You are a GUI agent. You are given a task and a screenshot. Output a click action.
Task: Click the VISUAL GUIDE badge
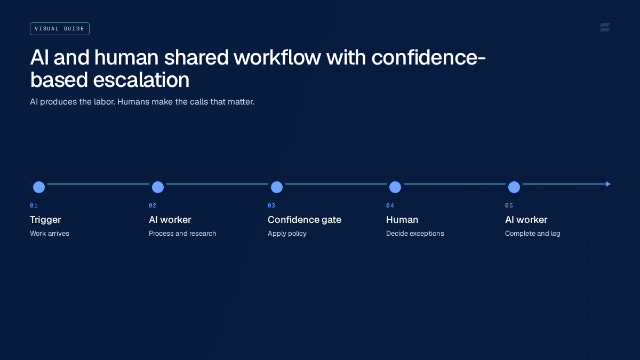pos(60,29)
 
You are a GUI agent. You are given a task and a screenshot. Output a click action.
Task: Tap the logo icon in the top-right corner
pos(605,27)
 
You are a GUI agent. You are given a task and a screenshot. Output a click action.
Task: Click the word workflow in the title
pos(277,58)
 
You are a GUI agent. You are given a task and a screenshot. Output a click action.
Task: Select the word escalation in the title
pos(141,79)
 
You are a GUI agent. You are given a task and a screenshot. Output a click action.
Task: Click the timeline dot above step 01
pos(39,187)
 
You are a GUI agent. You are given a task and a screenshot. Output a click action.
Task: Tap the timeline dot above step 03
pos(277,187)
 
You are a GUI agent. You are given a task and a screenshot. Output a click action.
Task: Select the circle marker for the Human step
pos(395,187)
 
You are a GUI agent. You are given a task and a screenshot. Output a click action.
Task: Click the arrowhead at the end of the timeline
pos(609,184)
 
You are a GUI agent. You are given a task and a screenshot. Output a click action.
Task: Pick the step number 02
pos(153,205)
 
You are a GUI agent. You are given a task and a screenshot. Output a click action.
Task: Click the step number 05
pos(509,205)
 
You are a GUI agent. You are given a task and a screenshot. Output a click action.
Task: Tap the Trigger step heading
pos(45,220)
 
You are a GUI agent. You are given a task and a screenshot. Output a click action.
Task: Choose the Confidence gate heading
pos(305,220)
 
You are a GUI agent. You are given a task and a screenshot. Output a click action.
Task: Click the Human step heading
pos(402,220)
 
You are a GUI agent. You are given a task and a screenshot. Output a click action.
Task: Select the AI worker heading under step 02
pos(170,220)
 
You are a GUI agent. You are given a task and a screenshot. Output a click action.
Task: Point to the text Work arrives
pos(50,234)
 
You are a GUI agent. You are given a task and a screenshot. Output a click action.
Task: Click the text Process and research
pos(182,234)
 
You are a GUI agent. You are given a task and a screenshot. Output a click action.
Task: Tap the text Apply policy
pos(287,234)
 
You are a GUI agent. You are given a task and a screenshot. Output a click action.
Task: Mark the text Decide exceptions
pos(415,234)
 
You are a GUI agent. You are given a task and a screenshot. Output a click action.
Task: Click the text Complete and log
pos(533,234)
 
